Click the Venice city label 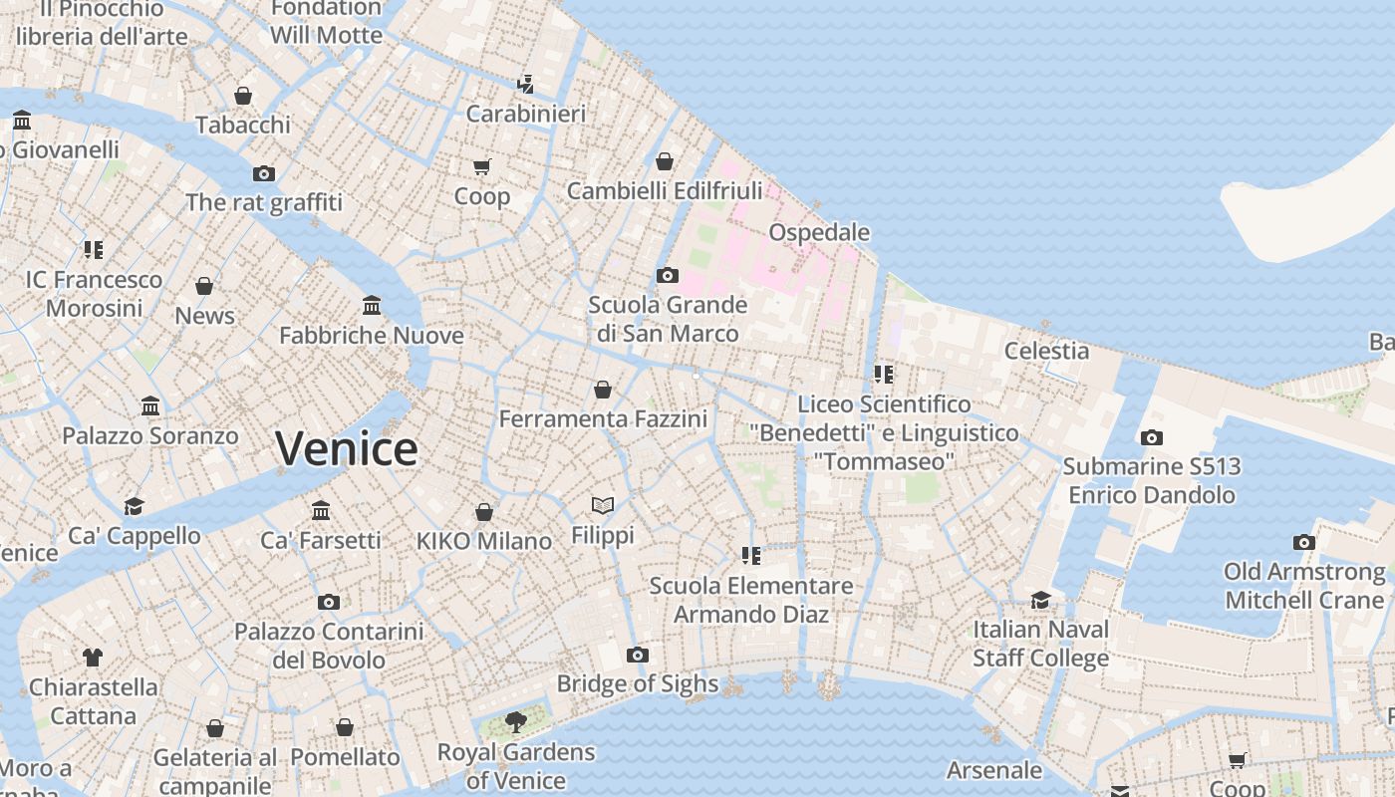(346, 448)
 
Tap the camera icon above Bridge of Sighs (638, 655)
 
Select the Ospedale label (819, 232)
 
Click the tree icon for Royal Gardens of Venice (515, 722)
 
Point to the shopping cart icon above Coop (482, 166)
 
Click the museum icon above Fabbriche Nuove (372, 305)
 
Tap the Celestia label (1046, 350)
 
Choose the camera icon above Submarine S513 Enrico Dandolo (1152, 437)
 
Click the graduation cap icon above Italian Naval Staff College (1040, 600)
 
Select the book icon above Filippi (602, 506)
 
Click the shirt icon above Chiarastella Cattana (93, 658)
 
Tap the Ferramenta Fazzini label (603, 418)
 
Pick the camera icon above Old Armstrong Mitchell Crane (1303, 542)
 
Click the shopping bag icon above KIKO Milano (483, 512)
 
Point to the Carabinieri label (526, 114)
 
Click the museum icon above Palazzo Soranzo (150, 406)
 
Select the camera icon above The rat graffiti (263, 173)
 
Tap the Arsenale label (993, 770)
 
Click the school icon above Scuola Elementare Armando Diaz (751, 556)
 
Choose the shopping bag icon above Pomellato (345, 727)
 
